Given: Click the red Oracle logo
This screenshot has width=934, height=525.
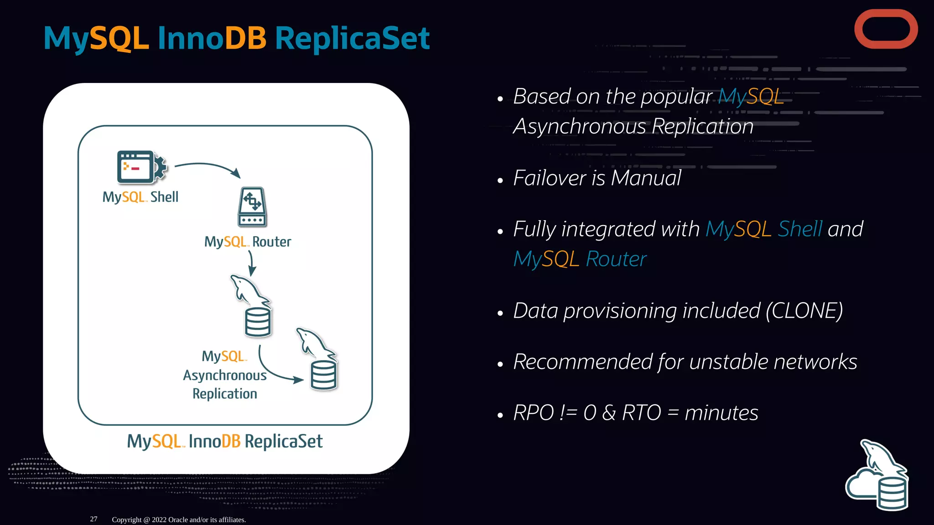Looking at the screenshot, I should pyautogui.click(x=886, y=29).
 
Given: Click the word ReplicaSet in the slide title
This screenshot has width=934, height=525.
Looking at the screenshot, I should pyautogui.click(x=352, y=38).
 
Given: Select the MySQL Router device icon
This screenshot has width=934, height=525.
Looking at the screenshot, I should pyautogui.click(x=252, y=207).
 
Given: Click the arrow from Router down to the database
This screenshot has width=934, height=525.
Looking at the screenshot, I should pyautogui.click(x=251, y=263).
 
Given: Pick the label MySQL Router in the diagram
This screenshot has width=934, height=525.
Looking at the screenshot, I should pyautogui.click(x=248, y=242).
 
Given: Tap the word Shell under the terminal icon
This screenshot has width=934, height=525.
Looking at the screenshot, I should pyautogui.click(x=164, y=197).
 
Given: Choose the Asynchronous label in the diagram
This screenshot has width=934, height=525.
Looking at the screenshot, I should pyautogui.click(x=225, y=376).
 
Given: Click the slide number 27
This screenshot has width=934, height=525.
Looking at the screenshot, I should pyautogui.click(x=93, y=519).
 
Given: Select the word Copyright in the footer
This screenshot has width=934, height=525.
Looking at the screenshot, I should pyautogui.click(x=127, y=520).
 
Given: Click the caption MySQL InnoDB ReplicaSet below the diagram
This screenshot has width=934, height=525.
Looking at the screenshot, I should pyautogui.click(x=225, y=441).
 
